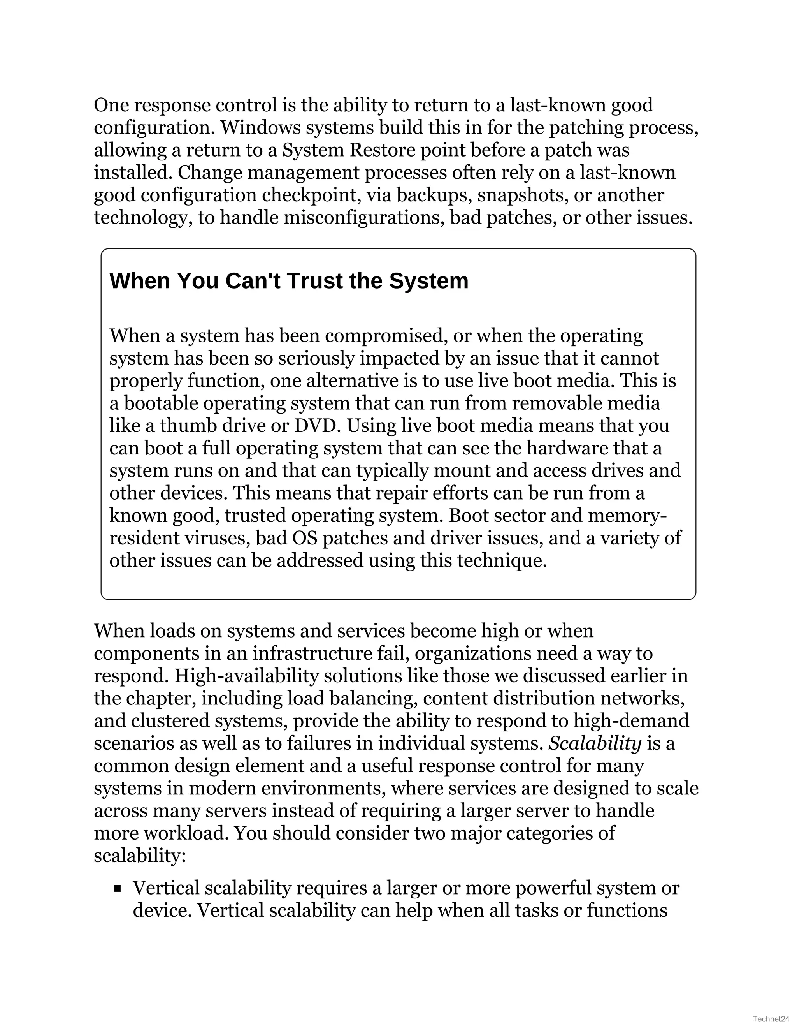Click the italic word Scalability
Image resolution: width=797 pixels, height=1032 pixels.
(595, 743)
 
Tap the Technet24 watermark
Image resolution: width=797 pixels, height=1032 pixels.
(771, 1019)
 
